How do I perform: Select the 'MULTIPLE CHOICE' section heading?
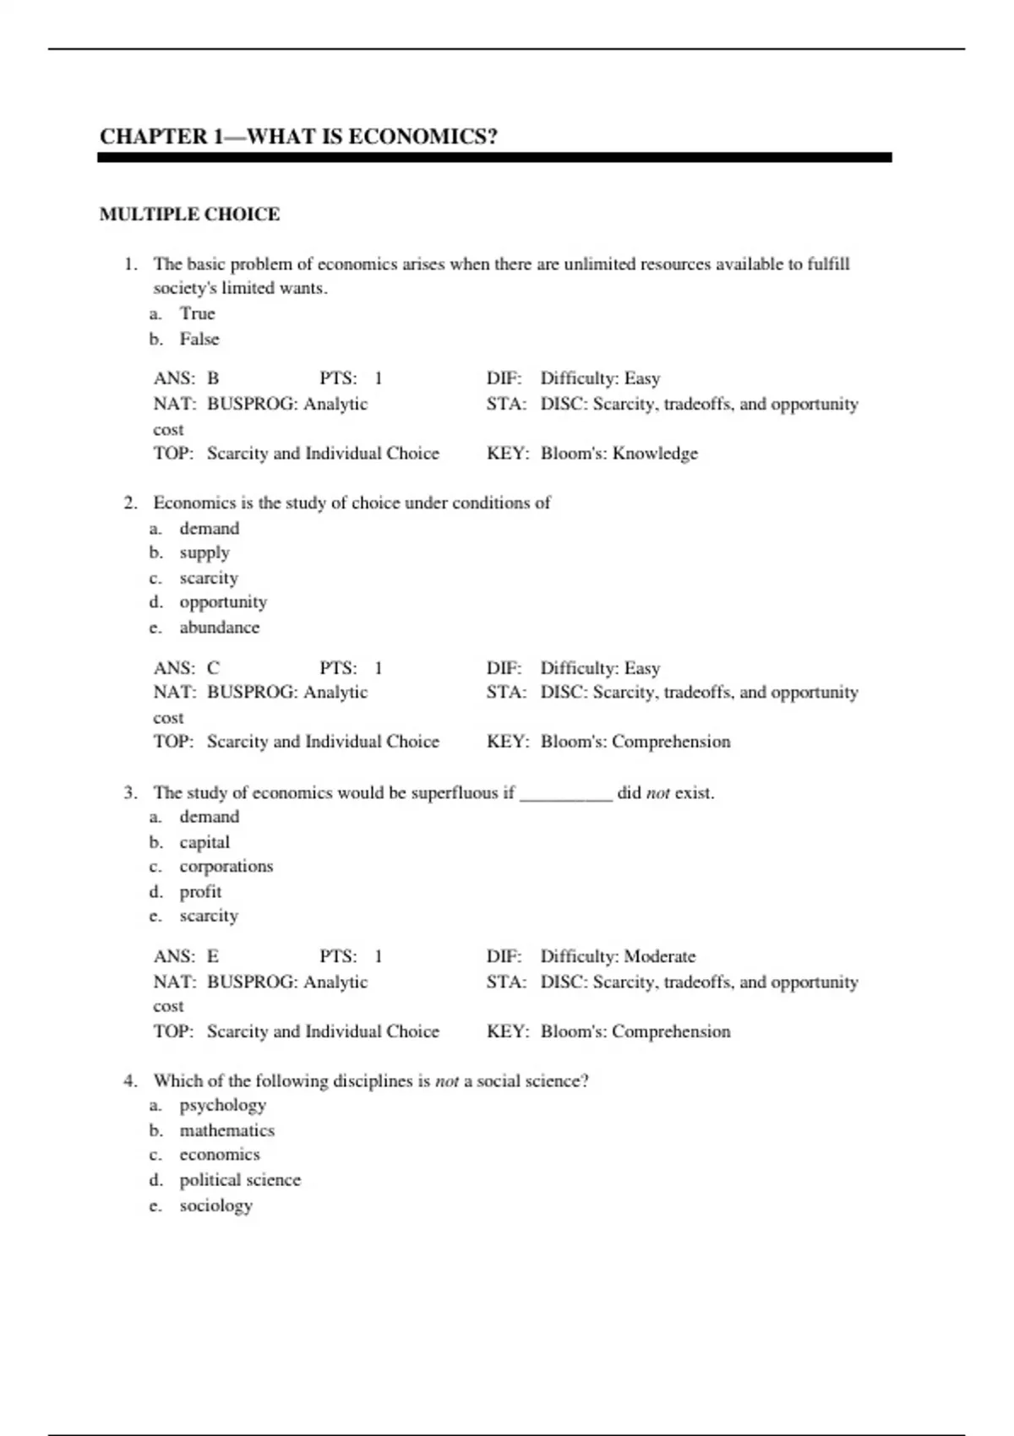pos(189,215)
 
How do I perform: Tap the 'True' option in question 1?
pos(197,313)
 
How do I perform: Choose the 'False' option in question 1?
pos(199,339)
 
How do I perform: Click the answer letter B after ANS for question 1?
pos(213,378)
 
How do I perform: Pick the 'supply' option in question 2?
pos(204,553)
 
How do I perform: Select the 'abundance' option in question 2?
pos(219,628)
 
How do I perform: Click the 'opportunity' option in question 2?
pos(223,602)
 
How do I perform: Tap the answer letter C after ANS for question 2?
pos(213,668)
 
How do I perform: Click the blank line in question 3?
pos(565,794)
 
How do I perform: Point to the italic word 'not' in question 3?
pos(657,793)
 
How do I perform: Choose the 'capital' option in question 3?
pos(204,842)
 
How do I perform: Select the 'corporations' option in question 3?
pos(226,867)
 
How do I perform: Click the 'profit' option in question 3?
pos(200,892)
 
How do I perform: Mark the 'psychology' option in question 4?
pos(222,1106)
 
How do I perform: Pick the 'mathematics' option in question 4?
pos(226,1130)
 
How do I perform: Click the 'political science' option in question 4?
pos(240,1180)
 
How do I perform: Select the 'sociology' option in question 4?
pos(215,1205)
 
